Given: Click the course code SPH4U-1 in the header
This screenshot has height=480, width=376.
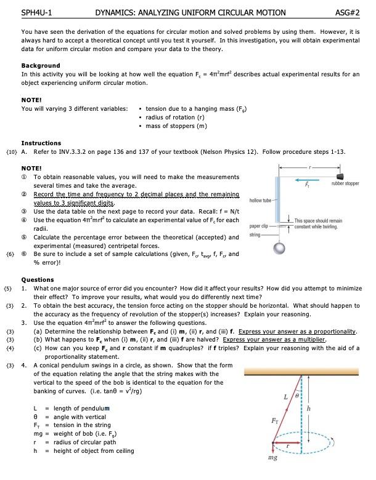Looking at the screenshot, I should click(x=36, y=12).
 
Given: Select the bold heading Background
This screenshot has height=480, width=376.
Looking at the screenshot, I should click(x=41, y=65).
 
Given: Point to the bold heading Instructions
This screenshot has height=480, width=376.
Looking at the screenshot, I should click(x=41, y=143).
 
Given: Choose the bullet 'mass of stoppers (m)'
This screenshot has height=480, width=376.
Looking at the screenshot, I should click(x=176, y=126).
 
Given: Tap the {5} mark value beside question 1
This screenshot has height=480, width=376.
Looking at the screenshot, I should click(x=9, y=288).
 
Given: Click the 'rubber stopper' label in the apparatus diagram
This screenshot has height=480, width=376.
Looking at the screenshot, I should click(x=345, y=183).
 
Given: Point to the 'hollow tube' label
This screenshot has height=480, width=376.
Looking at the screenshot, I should click(x=260, y=201).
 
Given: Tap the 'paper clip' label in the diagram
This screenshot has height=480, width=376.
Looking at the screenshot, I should click(x=258, y=225).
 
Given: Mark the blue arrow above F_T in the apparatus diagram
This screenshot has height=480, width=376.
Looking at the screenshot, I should click(x=301, y=180).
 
